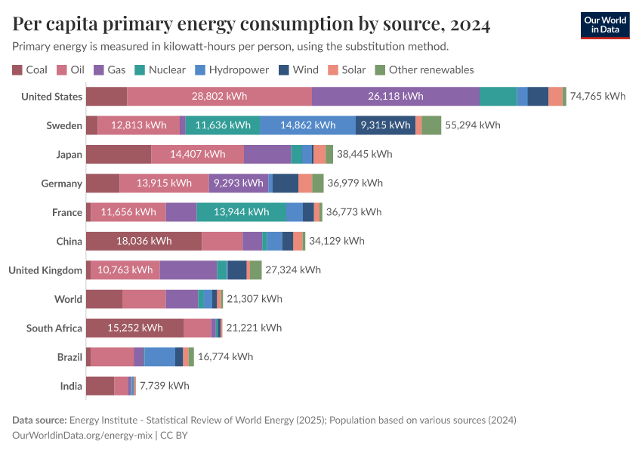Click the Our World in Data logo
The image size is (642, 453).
604,25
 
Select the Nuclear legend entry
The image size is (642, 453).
160,69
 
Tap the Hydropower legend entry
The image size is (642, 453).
231,69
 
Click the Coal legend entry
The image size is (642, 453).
30,69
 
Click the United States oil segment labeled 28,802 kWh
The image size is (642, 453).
219,97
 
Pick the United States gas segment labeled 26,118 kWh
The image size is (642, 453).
396,97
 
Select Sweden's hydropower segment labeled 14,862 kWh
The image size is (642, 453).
307,125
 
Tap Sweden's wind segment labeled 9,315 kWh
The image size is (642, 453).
385,125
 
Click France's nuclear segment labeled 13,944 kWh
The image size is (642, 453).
242,212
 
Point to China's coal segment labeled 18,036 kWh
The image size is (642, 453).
144,241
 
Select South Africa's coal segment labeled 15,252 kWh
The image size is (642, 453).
134,328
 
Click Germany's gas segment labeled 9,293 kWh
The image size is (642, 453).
238,183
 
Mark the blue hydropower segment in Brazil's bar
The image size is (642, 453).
159,357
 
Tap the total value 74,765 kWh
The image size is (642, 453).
597,97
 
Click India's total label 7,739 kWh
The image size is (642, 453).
164,386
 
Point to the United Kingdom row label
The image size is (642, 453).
45,270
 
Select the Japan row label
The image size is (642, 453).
69,155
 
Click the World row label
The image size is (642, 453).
68,299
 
